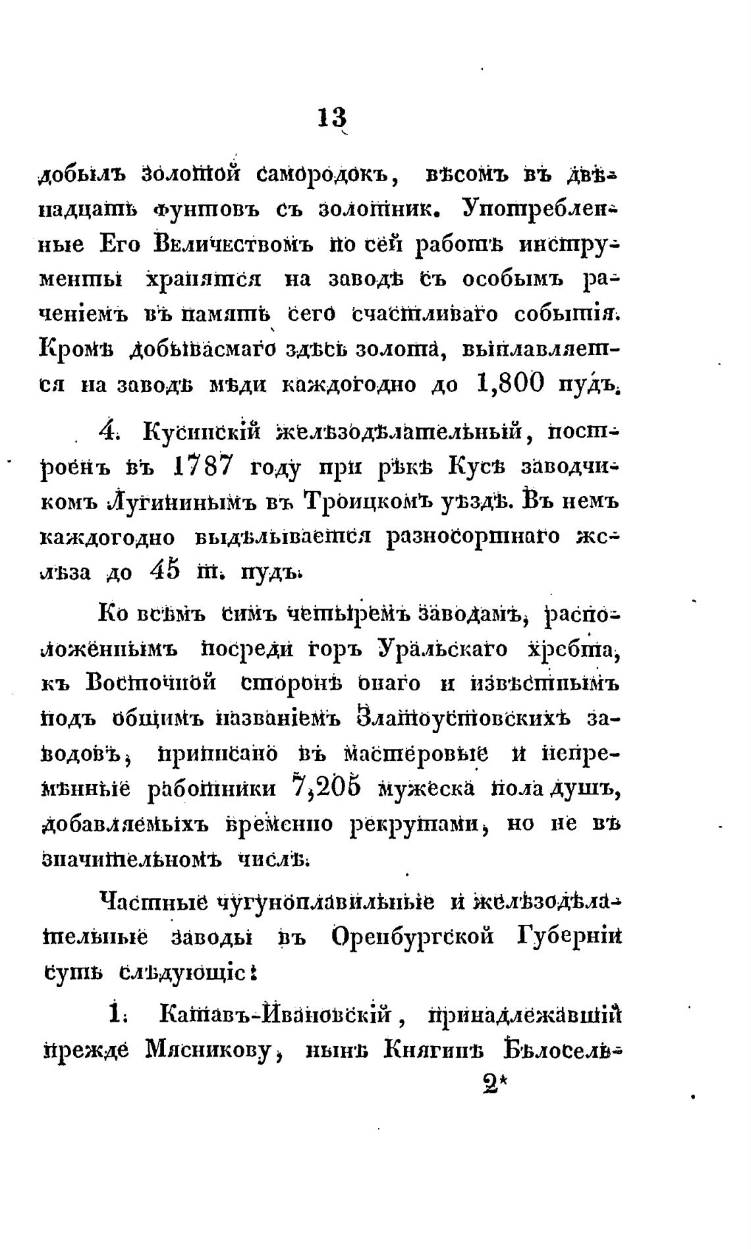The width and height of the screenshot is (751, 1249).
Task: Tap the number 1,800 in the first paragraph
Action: [509, 384]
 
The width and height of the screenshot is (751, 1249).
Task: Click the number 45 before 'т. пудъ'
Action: [164, 570]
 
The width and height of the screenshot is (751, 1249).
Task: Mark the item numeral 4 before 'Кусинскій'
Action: [107, 432]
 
